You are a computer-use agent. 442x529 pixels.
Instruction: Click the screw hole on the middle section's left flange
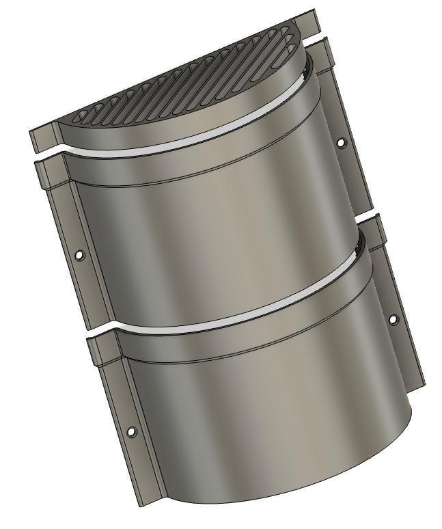click(79, 255)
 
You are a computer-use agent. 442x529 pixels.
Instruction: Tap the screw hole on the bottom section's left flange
click(132, 431)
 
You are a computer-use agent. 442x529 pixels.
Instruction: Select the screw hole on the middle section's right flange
click(341, 143)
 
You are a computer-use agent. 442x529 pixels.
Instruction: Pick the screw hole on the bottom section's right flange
click(393, 318)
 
